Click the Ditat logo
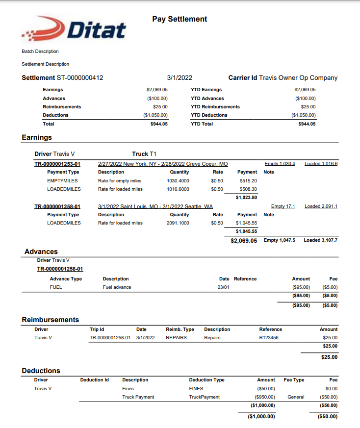pos(74,30)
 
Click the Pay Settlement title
pos(180,19)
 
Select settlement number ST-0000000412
pos(80,78)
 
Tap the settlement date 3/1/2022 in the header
pos(180,78)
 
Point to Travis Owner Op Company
pos(298,78)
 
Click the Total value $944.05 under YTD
pos(307,124)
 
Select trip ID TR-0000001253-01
pos(57,164)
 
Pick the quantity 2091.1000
pos(178,223)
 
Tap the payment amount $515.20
pos(248,181)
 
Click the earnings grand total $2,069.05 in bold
pos(244,241)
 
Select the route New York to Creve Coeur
pos(163,164)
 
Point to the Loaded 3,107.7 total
pos(320,240)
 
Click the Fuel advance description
pos(117,287)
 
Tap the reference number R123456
pos(269,338)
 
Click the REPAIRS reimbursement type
pos(176,338)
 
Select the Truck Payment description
pos(138,397)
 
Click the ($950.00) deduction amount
pos(265,397)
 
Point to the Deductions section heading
pos(41,371)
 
